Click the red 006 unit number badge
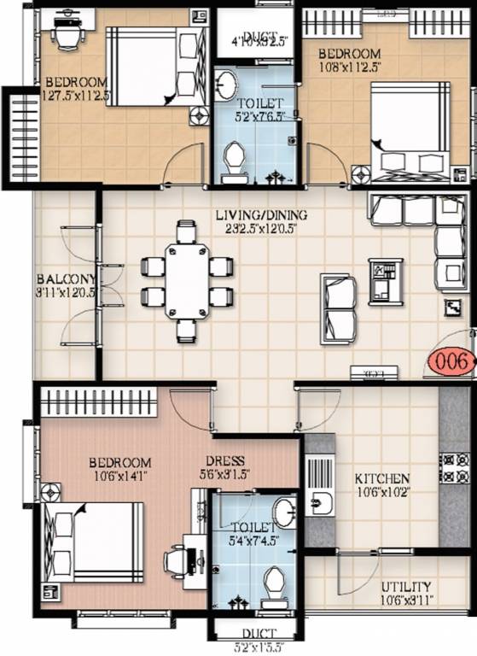pyautogui.click(x=451, y=362)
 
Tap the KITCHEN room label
pyautogui.click(x=382, y=479)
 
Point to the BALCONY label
pyautogui.click(x=65, y=279)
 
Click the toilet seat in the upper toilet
pyautogui.click(x=231, y=161)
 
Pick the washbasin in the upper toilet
pyautogui.click(x=228, y=85)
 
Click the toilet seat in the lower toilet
pyautogui.click(x=275, y=586)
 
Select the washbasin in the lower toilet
pyautogui.click(x=284, y=512)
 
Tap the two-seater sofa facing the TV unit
pyautogui.click(x=339, y=308)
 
